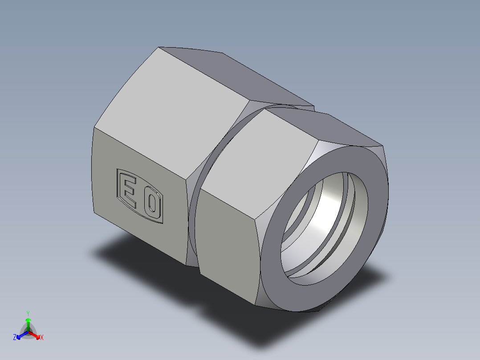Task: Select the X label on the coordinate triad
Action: pos(42,338)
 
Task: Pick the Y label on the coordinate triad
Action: pos(28,313)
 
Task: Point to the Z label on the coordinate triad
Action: pos(15,338)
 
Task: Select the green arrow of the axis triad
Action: pos(28,322)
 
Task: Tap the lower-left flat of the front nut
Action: pos(227,250)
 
